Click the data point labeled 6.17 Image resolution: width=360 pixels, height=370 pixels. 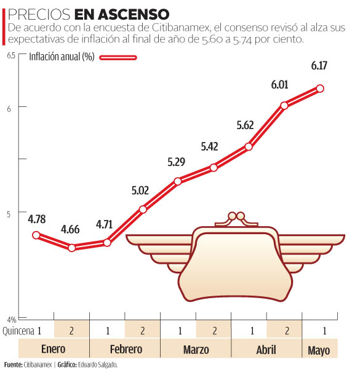click(320, 89)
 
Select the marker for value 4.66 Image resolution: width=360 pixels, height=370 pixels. click(71, 248)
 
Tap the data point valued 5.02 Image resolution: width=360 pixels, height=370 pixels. click(143, 210)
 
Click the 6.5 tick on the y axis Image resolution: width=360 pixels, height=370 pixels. click(11, 55)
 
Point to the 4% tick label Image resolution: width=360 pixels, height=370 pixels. click(12, 319)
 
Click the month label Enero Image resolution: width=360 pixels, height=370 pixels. click(54, 350)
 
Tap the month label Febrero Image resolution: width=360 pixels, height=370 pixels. click(125, 350)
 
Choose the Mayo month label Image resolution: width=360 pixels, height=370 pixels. click(319, 350)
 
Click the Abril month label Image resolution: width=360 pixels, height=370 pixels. click(266, 350)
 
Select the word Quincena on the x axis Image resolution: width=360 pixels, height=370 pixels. click(18, 331)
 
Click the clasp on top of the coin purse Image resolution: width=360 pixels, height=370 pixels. click(233, 216)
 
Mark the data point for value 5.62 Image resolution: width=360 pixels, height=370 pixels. click(249, 146)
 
